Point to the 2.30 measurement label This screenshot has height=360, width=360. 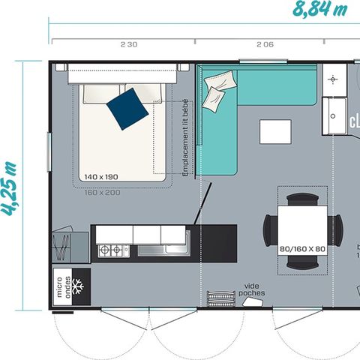coord(128,44)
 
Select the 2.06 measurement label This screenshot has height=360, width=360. coord(265,44)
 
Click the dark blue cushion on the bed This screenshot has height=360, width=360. coord(127,109)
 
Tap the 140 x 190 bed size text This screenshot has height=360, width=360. coord(102,177)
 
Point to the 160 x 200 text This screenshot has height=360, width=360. coord(102,192)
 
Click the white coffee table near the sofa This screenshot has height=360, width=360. coord(275,131)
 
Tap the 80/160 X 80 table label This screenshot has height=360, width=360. coord(301,249)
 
